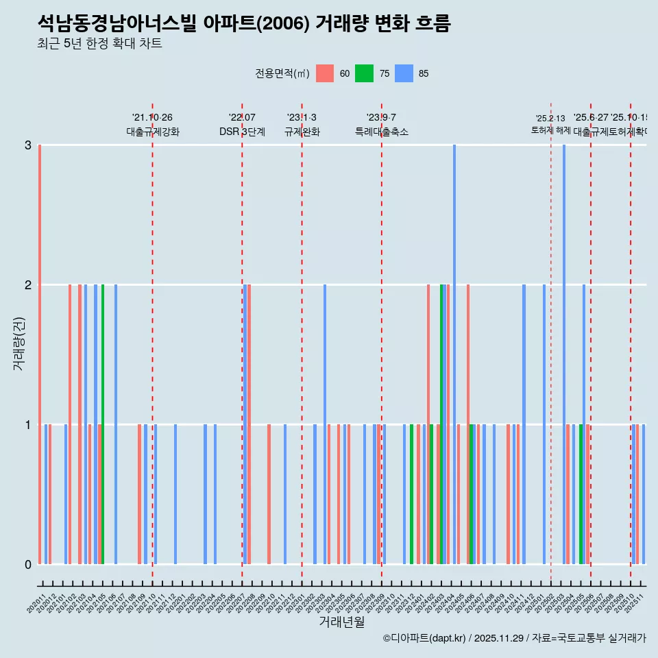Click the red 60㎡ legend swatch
[325, 73]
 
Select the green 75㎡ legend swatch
[364, 73]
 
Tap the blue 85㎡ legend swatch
[404, 73]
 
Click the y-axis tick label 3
[28, 145]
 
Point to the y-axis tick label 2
[28, 285]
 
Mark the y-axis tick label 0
[28, 565]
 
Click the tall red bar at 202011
[40, 354]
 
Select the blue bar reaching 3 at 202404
[454, 354]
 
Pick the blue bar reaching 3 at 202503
[564, 354]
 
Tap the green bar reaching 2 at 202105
[103, 424]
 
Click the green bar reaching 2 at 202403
[441, 424]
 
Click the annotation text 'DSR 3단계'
[242, 132]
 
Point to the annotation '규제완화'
[302, 132]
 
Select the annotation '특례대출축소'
[381, 132]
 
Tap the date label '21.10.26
[152, 118]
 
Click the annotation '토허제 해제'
[550, 130]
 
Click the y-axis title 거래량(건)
[19, 343]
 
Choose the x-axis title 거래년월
[341, 622]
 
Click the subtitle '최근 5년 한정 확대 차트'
[100, 44]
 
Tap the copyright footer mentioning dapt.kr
[514, 638]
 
